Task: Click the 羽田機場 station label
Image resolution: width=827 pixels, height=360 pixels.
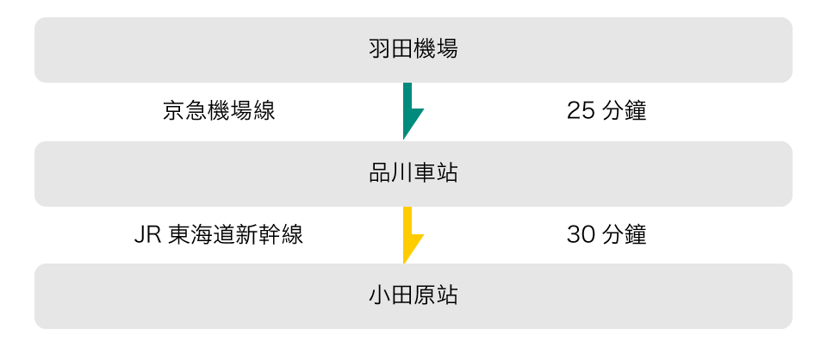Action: (x=413, y=49)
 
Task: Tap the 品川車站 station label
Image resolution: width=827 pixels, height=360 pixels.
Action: (x=413, y=173)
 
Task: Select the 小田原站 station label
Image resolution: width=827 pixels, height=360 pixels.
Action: (x=413, y=295)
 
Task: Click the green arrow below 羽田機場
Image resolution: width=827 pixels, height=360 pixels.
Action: (x=411, y=110)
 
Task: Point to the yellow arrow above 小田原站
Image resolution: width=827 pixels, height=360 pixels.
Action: (x=411, y=234)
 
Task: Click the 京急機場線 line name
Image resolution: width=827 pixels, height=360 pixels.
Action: (x=219, y=111)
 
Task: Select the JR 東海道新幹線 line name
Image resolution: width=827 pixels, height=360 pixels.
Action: (x=219, y=234)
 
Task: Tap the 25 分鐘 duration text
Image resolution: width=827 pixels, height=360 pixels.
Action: (x=606, y=111)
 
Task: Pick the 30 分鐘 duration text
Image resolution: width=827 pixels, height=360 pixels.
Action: (x=606, y=234)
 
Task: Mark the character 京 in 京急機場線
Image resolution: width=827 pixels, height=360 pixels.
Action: (x=173, y=111)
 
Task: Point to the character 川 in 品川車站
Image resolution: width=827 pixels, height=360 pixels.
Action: (x=401, y=173)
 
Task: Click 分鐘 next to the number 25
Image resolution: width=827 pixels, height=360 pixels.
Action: (x=624, y=111)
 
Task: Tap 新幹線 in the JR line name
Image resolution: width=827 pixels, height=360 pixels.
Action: (x=270, y=234)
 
